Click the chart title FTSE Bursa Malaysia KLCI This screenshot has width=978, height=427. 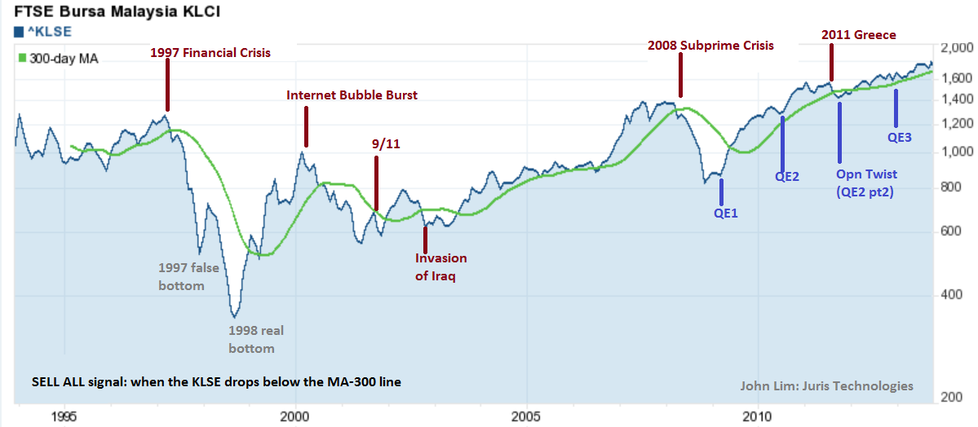112,12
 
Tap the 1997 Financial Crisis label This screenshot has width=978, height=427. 210,53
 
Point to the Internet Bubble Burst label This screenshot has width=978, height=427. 352,95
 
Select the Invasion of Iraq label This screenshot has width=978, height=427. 441,267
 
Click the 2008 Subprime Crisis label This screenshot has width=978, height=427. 710,46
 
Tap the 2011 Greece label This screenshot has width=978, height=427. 858,35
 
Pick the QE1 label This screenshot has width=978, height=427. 726,213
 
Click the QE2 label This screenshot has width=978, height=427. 786,175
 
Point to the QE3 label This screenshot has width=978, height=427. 899,138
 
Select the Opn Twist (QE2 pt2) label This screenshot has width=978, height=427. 866,183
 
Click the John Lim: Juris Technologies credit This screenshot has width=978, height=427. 826,386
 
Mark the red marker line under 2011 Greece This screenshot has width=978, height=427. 831,61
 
